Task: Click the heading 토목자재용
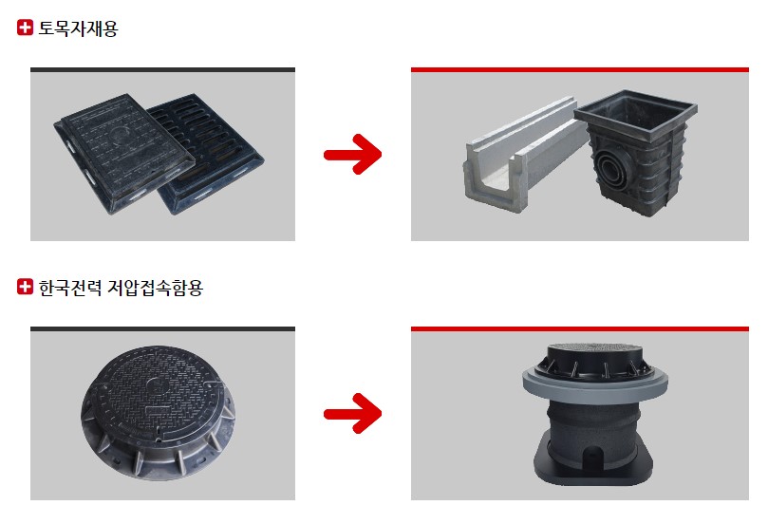78,28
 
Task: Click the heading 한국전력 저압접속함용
121,288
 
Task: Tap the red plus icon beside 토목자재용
25,28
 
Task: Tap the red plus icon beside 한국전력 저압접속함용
25,287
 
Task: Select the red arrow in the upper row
352,154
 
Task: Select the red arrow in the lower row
352,413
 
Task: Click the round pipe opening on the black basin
612,170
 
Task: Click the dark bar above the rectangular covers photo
162,70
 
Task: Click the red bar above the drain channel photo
580,70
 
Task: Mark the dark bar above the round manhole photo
162,329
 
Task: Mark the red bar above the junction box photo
580,329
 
